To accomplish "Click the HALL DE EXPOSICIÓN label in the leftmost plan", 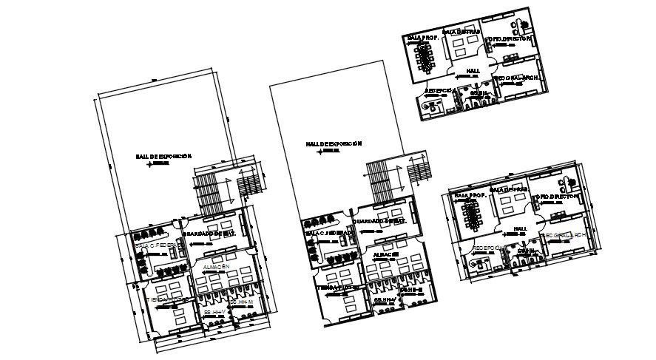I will (163, 157).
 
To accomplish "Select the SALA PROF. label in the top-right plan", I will (422, 37).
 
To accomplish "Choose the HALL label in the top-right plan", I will (473, 71).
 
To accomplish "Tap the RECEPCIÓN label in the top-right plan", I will (439, 90).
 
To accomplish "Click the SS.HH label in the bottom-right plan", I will (527, 251).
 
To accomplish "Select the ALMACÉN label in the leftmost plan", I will (214, 266).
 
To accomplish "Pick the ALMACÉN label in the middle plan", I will (387, 254).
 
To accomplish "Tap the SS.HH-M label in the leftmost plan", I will (241, 302).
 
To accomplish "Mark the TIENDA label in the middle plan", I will (337, 288).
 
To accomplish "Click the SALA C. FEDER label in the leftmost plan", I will (157, 245).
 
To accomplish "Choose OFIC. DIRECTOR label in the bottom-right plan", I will (558, 197).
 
